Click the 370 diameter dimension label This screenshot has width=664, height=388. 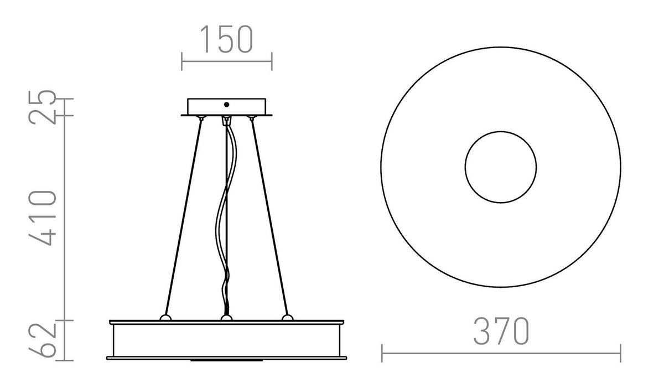click(501, 331)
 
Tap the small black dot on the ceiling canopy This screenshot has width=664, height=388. click(226, 104)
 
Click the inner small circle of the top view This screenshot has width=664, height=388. click(500, 167)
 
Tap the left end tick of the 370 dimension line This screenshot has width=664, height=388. click(382, 353)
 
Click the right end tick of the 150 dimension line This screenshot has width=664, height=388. click(271, 61)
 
